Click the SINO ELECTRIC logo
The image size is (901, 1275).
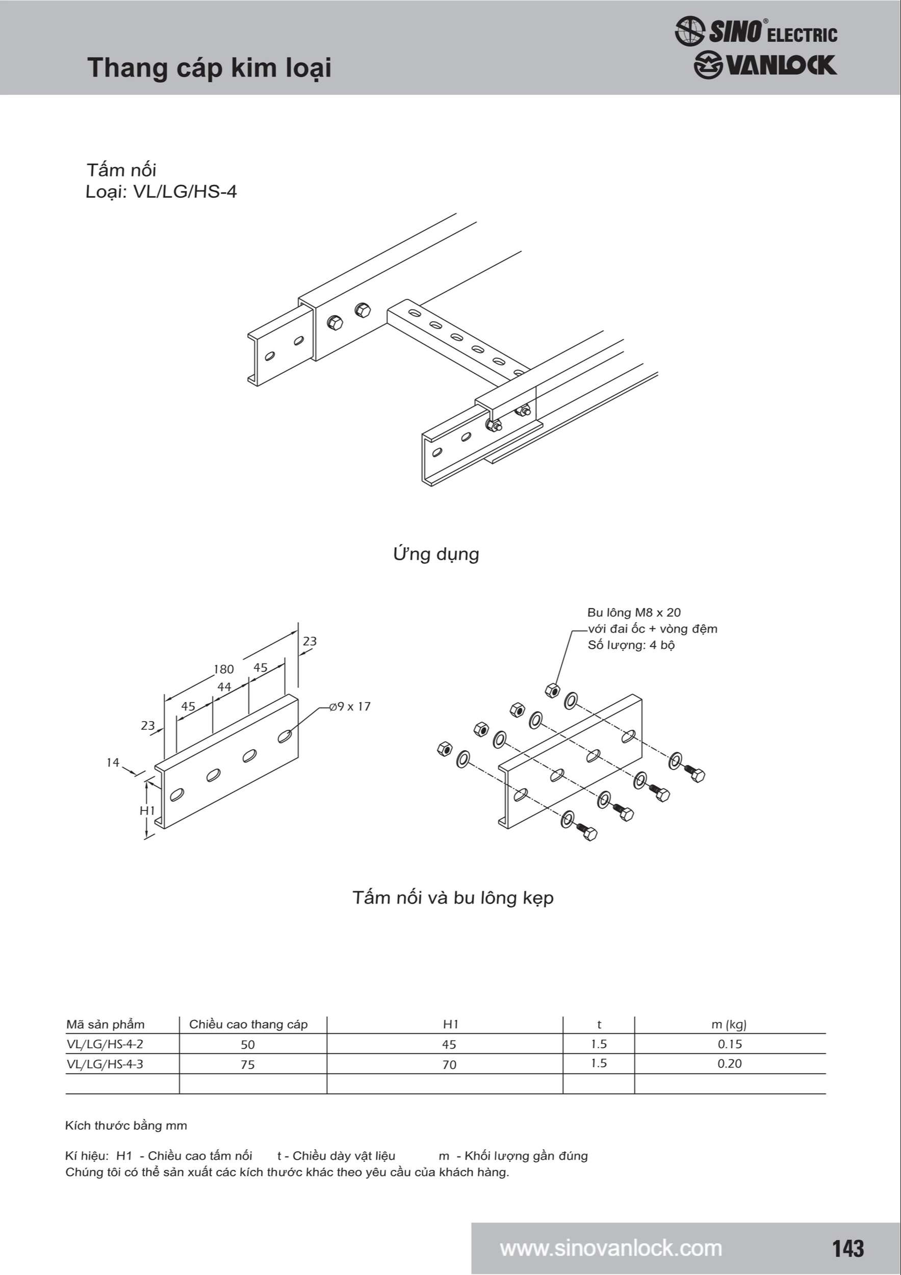click(756, 31)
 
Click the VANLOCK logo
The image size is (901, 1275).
click(765, 65)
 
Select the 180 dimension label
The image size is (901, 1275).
click(224, 669)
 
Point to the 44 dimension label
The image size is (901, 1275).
click(224, 687)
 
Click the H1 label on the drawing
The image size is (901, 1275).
click(147, 810)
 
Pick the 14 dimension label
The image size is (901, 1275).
click(113, 762)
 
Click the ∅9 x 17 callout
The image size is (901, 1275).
click(350, 706)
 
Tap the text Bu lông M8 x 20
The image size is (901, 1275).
click(633, 613)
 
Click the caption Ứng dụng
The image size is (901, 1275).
click(436, 554)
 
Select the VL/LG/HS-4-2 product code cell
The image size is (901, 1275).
click(105, 1044)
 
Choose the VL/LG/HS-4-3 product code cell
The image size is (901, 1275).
click(105, 1064)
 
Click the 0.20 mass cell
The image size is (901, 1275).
click(730, 1063)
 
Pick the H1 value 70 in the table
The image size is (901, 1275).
click(449, 1064)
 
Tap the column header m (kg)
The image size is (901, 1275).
click(729, 1025)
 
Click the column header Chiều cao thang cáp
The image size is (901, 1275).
click(248, 1025)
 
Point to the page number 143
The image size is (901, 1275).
click(847, 1248)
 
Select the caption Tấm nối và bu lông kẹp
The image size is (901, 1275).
click(453, 898)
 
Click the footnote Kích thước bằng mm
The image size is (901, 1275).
click(126, 1126)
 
